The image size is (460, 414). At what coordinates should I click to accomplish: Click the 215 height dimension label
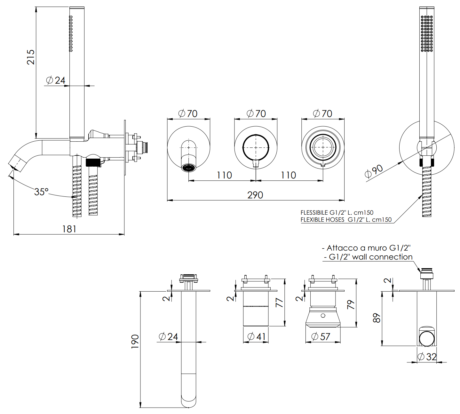coord(31,57)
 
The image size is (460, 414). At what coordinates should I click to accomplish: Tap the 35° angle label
coord(41,192)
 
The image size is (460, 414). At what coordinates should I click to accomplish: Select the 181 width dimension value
coord(69,229)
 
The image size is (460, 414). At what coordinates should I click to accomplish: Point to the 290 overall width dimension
coord(255,195)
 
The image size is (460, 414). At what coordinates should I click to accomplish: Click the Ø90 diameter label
coord(374,171)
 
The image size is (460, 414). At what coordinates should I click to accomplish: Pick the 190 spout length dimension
coord(135,341)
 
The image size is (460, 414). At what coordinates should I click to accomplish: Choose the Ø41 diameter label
coord(256,337)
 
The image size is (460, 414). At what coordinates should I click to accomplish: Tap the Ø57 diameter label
coord(321,337)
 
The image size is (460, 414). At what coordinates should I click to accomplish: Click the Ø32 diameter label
coord(427,356)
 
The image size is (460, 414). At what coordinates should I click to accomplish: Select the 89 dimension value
coord(377,318)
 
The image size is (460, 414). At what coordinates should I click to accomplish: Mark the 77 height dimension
coord(279,302)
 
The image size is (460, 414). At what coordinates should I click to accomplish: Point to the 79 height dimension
coord(351,304)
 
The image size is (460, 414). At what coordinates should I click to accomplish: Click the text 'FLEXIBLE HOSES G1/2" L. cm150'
coord(346,220)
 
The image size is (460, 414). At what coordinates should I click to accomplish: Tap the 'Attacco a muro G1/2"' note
coord(366,248)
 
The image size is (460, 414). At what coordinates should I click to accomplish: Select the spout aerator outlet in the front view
coord(188,168)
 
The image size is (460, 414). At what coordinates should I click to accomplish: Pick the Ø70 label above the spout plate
coord(188,113)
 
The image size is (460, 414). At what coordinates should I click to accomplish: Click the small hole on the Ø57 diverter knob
coord(323,316)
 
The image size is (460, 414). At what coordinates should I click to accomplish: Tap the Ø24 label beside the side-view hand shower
coord(56,80)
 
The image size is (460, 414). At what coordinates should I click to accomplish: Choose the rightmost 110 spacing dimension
coord(288,175)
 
